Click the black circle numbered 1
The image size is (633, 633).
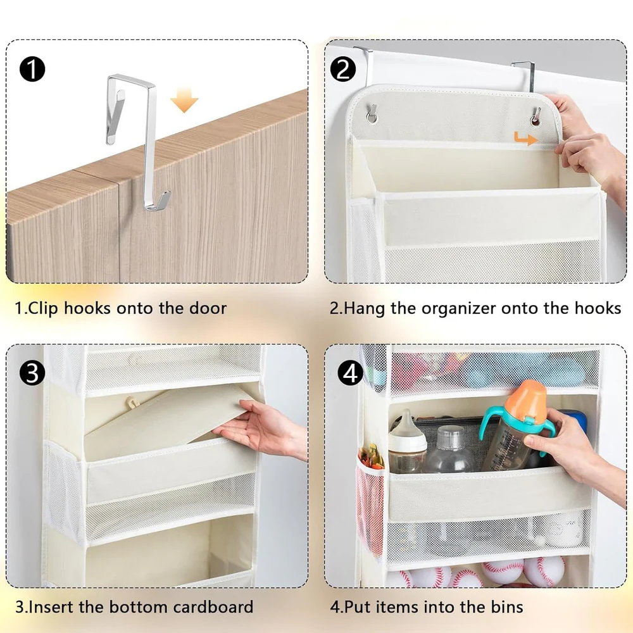tap(32, 69)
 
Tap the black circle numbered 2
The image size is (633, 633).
tap(343, 69)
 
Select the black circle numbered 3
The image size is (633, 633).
tap(32, 373)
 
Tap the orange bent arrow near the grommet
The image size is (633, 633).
tap(525, 139)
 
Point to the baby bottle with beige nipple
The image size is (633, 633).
tap(407, 441)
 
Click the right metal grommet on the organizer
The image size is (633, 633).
tap(536, 116)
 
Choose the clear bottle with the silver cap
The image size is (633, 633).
tap(449, 449)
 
